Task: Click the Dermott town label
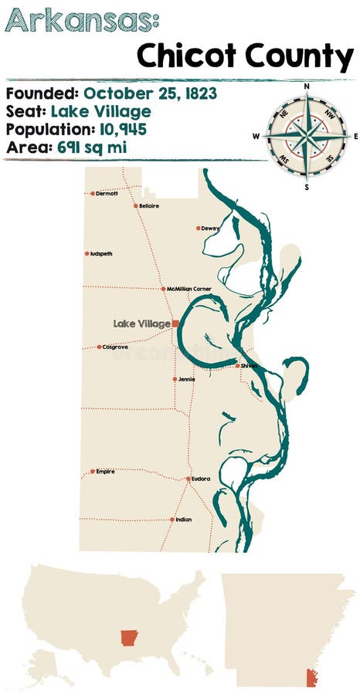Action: click(x=107, y=194)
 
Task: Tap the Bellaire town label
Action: click(x=150, y=206)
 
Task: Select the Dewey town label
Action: click(x=211, y=229)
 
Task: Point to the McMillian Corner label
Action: click(x=189, y=289)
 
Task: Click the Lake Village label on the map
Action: click(x=141, y=324)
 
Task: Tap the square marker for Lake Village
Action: click(x=175, y=324)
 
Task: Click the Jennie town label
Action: click(x=187, y=379)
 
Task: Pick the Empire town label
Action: click(x=105, y=471)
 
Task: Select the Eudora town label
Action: click(x=201, y=479)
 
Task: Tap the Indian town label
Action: click(x=184, y=520)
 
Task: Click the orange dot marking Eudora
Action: click(x=188, y=479)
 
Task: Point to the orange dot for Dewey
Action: click(x=199, y=229)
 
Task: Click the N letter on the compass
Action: click(x=307, y=86)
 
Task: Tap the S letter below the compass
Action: click(x=307, y=186)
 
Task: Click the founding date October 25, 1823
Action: click(x=150, y=93)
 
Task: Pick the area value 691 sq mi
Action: click(x=90, y=146)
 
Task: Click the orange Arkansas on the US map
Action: click(x=128, y=638)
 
